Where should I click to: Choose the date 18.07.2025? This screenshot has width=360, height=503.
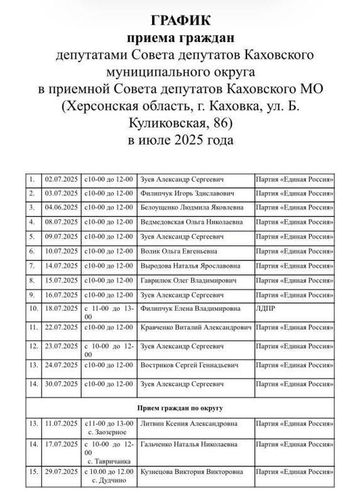(x=60, y=309)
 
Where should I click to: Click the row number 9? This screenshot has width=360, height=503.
(x=32, y=294)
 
